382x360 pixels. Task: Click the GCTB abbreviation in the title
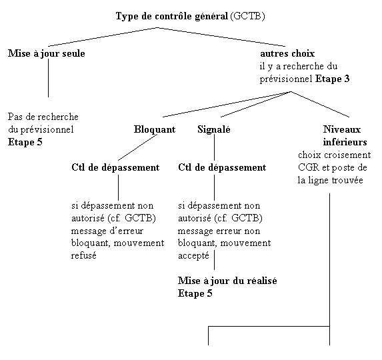pyautogui.click(x=247, y=16)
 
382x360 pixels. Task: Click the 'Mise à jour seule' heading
pyautogui.click(x=47, y=53)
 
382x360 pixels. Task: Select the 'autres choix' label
pyautogui.click(x=287, y=53)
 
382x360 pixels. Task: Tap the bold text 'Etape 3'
pyautogui.click(x=332, y=79)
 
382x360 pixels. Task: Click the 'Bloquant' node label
pyautogui.click(x=155, y=129)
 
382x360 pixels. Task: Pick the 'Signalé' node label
pyautogui.click(x=214, y=129)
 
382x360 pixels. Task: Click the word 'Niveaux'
pyautogui.click(x=342, y=129)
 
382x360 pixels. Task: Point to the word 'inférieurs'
pyautogui.click(x=345, y=142)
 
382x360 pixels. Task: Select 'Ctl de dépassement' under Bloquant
pyautogui.click(x=115, y=167)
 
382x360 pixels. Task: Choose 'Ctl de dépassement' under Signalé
pyautogui.click(x=222, y=167)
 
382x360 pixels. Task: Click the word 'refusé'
pyautogui.click(x=84, y=255)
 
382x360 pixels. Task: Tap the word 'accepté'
pyautogui.click(x=194, y=256)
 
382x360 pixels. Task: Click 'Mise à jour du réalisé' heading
pyautogui.click(x=227, y=281)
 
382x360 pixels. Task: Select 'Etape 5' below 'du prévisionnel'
pyautogui.click(x=25, y=142)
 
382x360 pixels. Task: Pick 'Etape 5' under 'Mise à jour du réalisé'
pyautogui.click(x=195, y=293)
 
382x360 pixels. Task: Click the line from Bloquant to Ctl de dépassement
pyautogui.click(x=137, y=147)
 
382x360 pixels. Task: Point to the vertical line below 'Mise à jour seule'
pyautogui.click(x=48, y=78)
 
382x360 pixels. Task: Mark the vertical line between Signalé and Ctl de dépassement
pyautogui.click(x=215, y=147)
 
